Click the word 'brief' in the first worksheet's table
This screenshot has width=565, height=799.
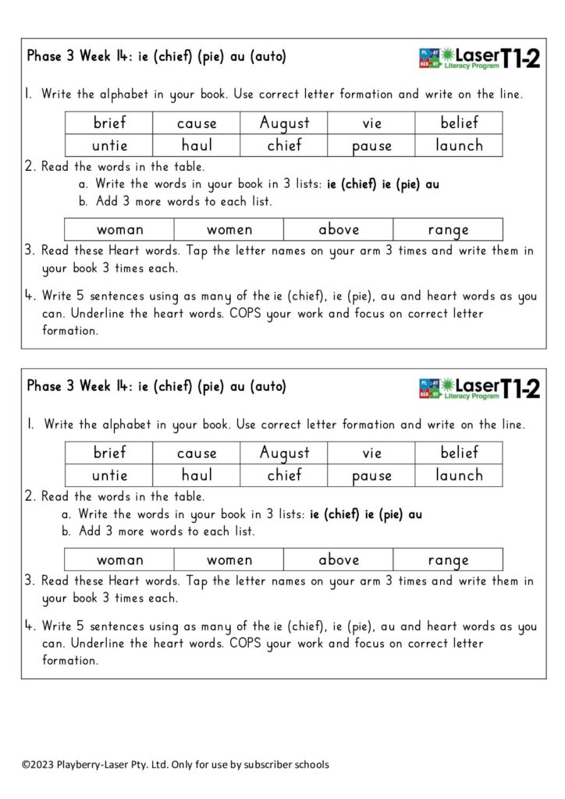(109, 123)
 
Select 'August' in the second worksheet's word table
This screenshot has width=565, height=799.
(284, 453)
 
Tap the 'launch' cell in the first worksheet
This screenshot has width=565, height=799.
(459, 145)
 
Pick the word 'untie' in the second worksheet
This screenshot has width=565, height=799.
(109, 475)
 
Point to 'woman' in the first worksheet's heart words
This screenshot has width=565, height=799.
(119, 229)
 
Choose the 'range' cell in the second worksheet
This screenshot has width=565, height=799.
(448, 559)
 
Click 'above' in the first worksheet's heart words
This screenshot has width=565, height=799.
(339, 229)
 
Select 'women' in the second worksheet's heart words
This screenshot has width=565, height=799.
(229, 559)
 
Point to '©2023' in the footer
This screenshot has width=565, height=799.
(36, 765)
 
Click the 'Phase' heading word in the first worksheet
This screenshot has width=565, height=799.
(44, 56)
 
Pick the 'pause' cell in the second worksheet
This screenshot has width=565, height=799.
(371, 475)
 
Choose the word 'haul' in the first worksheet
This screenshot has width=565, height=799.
(197, 145)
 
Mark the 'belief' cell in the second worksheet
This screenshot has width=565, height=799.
(459, 453)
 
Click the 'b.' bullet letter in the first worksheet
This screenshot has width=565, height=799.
(84, 201)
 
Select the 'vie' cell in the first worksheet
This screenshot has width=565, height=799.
(371, 123)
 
